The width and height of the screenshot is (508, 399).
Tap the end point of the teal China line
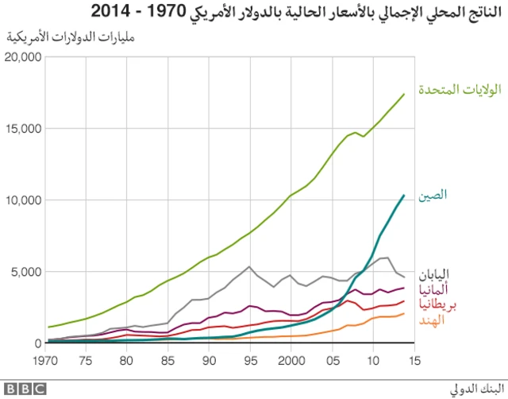pos(405,195)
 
